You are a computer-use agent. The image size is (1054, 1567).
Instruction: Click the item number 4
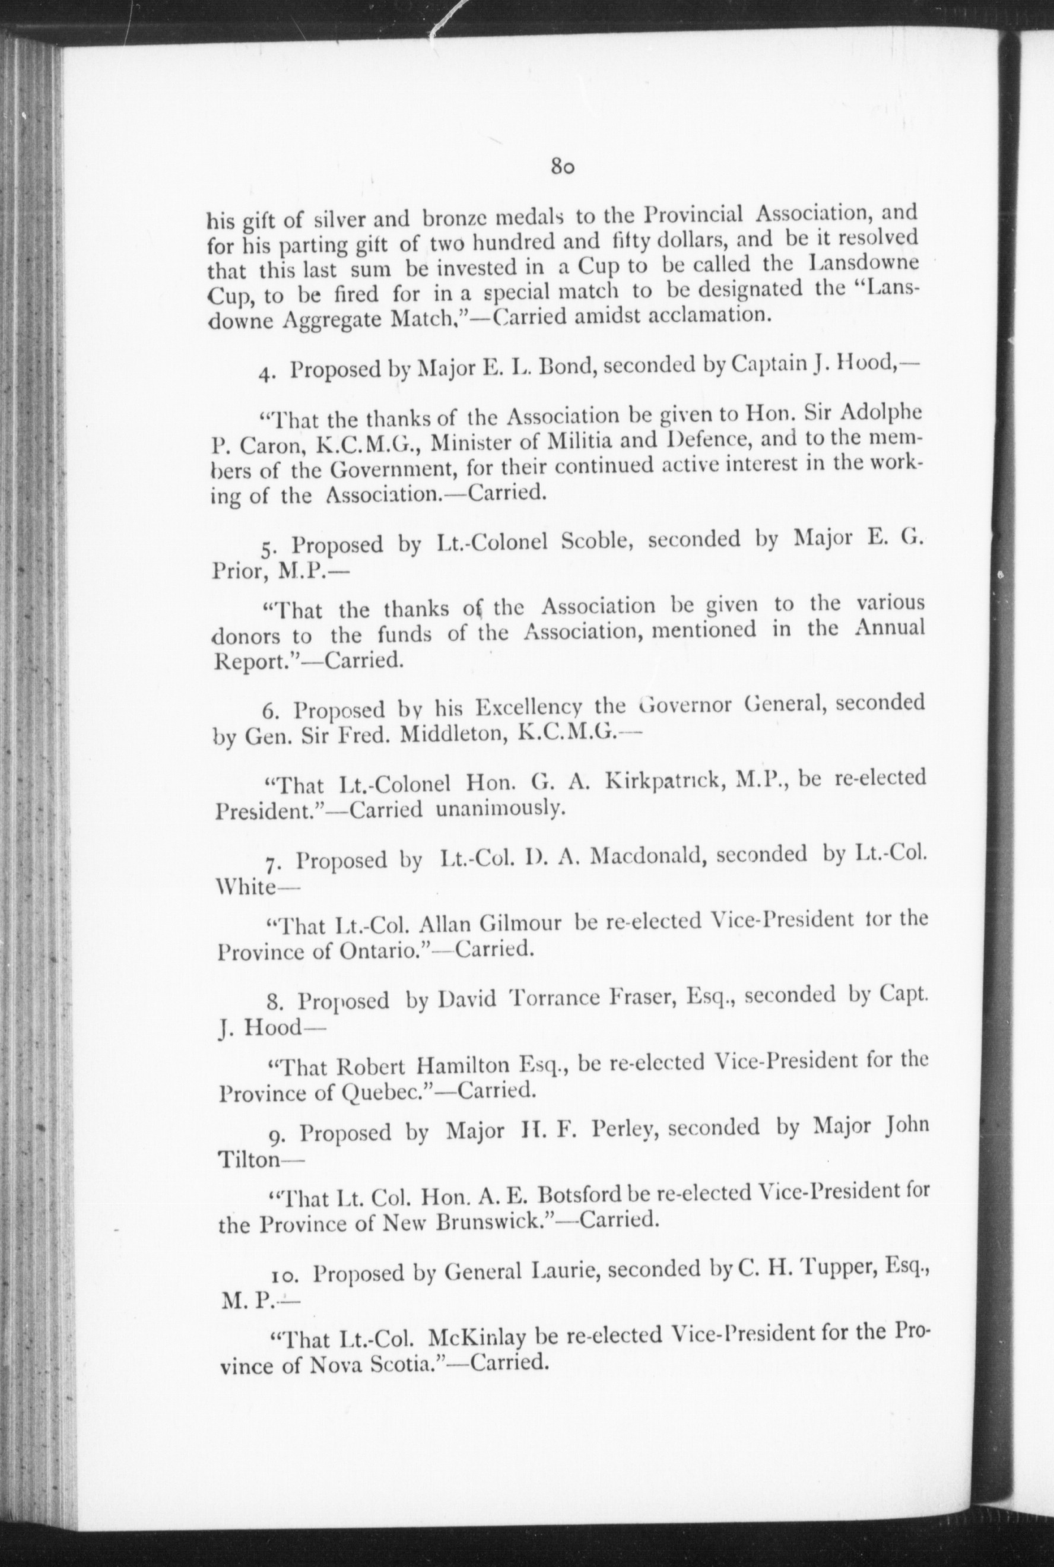267,373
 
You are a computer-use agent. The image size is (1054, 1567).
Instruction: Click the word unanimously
499,810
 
